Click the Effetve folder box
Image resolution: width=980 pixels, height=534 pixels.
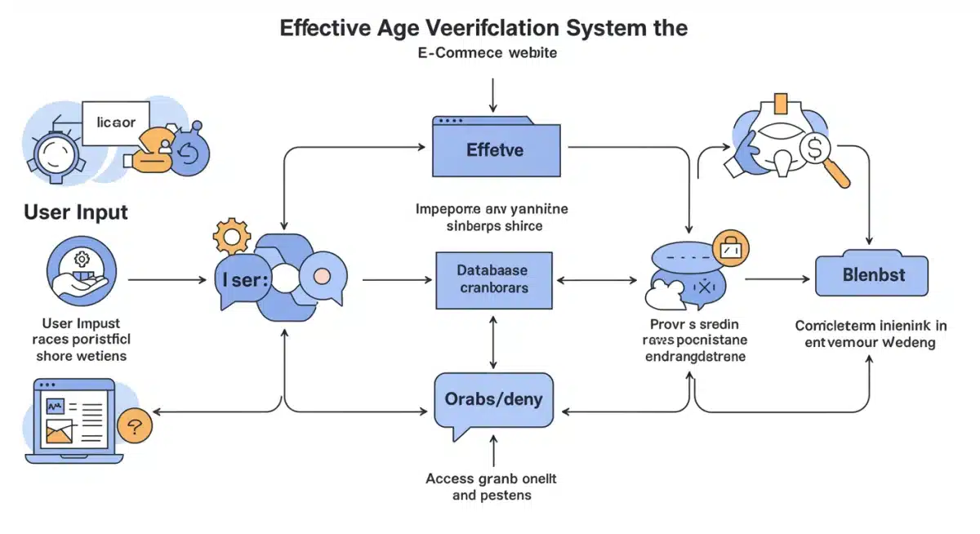point(496,149)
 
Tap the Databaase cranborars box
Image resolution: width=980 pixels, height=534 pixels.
point(494,279)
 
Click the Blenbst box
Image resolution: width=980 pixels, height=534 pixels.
point(872,275)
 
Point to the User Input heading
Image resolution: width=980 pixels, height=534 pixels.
point(76,212)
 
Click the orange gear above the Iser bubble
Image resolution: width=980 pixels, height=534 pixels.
point(230,236)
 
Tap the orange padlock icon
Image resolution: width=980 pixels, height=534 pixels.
point(730,247)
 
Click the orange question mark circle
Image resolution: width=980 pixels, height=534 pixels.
point(135,425)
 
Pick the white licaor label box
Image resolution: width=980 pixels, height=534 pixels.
point(116,123)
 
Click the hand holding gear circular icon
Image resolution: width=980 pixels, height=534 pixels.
point(82,272)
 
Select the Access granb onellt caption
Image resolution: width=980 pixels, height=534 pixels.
point(491,487)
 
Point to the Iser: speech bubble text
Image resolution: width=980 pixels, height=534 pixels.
point(244,279)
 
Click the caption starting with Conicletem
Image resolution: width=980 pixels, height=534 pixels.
point(871,334)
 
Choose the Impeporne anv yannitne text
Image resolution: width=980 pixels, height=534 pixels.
point(491,217)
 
